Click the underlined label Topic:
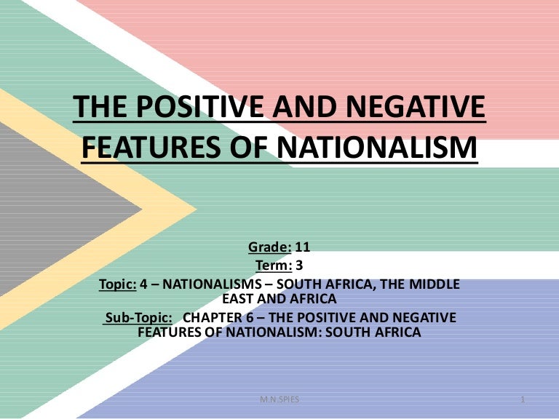(117, 284)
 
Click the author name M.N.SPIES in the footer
(279, 401)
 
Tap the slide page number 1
(523, 401)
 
